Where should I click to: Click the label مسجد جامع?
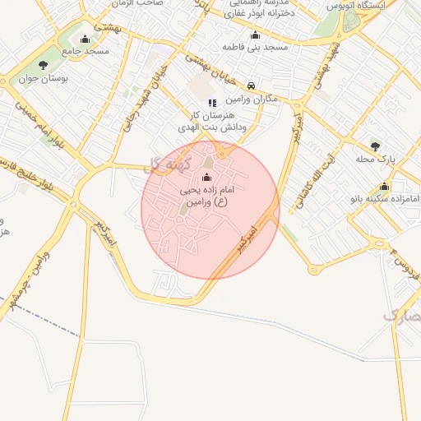[x=85, y=51]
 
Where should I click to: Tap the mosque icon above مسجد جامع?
[x=85, y=39]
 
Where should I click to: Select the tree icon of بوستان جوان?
[x=43, y=64]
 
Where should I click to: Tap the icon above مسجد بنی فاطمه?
[x=255, y=35]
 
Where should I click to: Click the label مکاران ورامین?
[x=251, y=99]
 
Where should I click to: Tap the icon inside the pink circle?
[x=206, y=177]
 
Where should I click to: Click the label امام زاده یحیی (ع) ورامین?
[x=206, y=195]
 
